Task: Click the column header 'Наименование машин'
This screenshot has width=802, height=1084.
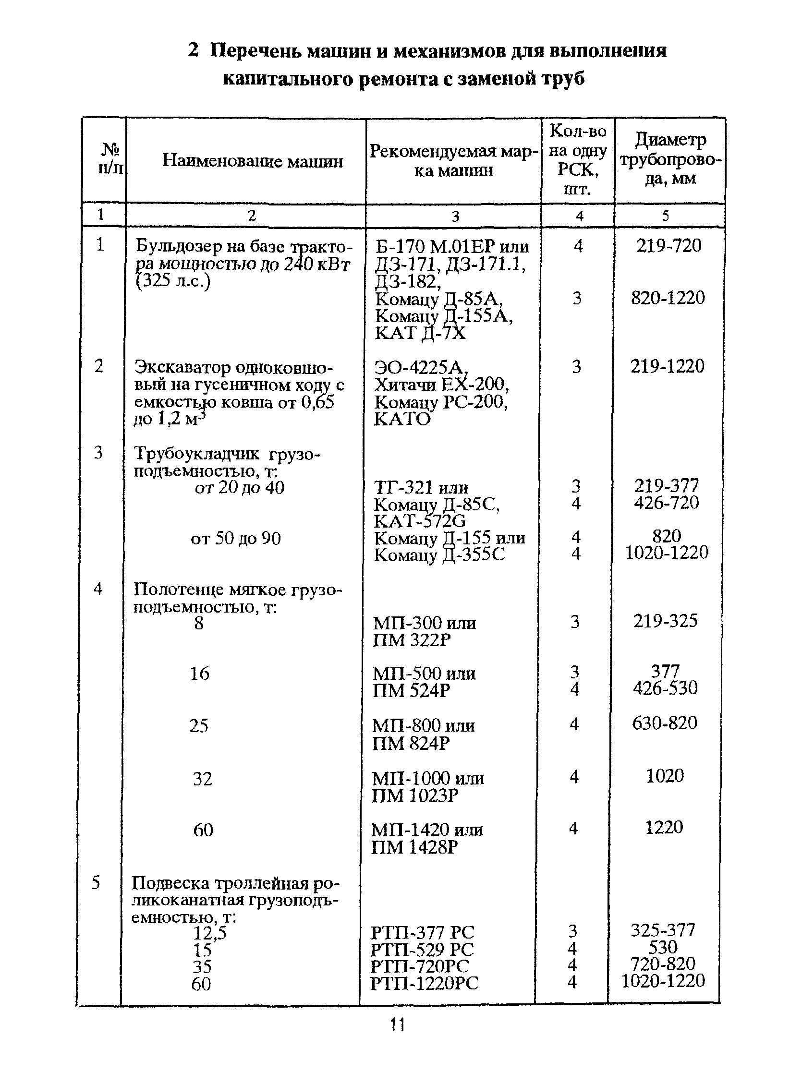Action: (x=252, y=161)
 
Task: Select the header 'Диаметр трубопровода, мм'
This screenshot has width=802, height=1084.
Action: (x=670, y=159)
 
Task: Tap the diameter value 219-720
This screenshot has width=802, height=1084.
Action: (x=668, y=246)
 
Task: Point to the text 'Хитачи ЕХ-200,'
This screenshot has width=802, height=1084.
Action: (x=441, y=385)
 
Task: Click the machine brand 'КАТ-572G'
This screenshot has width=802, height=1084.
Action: (x=419, y=521)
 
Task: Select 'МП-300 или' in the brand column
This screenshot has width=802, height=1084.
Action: (x=425, y=623)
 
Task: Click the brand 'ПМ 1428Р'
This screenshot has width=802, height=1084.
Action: (x=414, y=847)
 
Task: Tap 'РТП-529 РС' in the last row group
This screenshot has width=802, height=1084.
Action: (x=422, y=949)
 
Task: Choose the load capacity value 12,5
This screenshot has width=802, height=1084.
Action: (x=210, y=933)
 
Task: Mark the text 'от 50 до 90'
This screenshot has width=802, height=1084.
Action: (x=235, y=538)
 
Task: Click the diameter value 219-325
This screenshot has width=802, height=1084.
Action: (x=665, y=621)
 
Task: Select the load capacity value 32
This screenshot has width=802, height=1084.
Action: (x=203, y=778)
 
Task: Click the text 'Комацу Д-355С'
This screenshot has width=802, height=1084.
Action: (x=439, y=554)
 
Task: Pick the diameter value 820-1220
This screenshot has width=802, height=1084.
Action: (x=668, y=298)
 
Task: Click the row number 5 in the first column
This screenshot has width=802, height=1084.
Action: (x=96, y=882)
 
